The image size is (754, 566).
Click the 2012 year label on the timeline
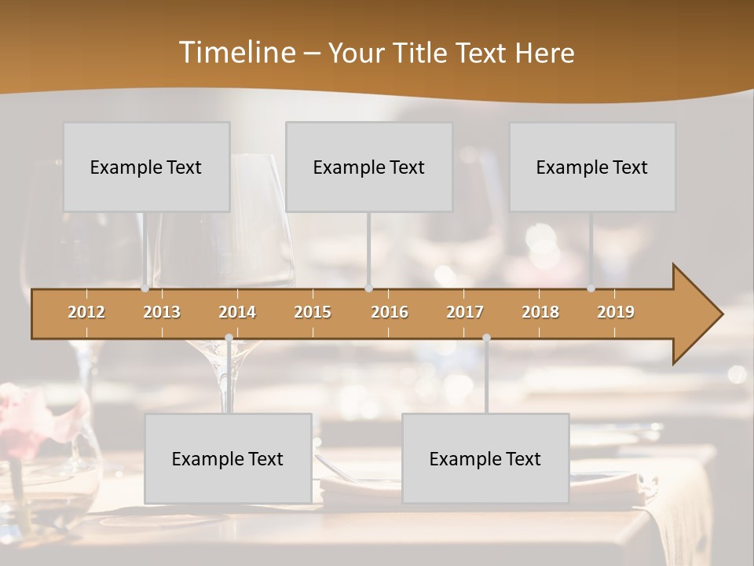[x=86, y=312]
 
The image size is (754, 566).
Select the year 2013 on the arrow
[x=162, y=312]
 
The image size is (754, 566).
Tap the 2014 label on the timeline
[x=237, y=312]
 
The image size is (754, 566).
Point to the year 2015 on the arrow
[x=313, y=312]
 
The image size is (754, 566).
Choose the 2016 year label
[x=390, y=312]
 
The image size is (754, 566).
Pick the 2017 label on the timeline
[x=465, y=312]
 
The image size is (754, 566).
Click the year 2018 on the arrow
[x=540, y=312]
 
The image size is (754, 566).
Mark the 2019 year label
[x=616, y=312]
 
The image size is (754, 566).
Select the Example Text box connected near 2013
[x=146, y=167]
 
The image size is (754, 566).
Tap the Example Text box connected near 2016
[x=369, y=167]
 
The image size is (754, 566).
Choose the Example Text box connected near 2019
[x=592, y=167]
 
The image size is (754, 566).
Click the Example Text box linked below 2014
[x=228, y=458]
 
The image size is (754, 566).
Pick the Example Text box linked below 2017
[x=485, y=458]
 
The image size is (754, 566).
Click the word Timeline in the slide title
[x=236, y=53]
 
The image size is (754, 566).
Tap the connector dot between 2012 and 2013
[x=145, y=289]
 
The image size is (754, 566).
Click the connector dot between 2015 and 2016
[x=369, y=289]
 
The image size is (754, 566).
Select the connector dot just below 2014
[x=229, y=337]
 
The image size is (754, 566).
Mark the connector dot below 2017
[x=486, y=337]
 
